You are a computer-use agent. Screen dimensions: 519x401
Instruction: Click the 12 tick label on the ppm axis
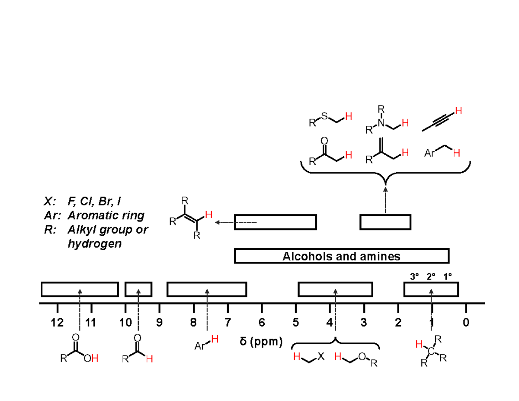click(58, 323)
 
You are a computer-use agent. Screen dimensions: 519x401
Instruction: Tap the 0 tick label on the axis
click(466, 323)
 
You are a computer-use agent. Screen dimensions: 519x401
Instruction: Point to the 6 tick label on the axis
click(262, 323)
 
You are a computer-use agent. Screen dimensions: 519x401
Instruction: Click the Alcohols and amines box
click(342, 256)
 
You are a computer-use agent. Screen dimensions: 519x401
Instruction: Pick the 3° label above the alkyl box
click(414, 276)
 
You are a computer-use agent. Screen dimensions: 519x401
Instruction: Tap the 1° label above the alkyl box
click(448, 276)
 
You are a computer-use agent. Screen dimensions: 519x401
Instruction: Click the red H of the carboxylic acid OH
click(95, 358)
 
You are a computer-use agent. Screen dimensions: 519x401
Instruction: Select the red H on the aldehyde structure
click(150, 359)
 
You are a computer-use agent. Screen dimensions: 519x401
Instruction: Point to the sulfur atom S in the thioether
click(324, 116)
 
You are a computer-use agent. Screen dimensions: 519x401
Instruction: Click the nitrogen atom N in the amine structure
click(381, 123)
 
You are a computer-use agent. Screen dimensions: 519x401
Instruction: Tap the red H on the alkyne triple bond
click(458, 111)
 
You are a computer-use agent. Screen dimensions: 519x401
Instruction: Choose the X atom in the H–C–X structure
click(321, 356)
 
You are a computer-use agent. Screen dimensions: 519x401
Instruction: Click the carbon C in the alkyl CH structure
click(431, 351)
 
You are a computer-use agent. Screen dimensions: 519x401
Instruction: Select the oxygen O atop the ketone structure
click(324, 141)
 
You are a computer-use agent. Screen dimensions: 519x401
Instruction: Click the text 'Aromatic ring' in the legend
click(106, 215)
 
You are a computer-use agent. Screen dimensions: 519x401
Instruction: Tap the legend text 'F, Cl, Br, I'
click(94, 201)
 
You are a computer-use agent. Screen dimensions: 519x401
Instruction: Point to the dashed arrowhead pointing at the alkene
click(218, 222)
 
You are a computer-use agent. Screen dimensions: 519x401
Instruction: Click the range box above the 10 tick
click(138, 289)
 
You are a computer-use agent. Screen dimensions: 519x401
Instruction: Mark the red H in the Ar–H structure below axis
click(215, 339)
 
